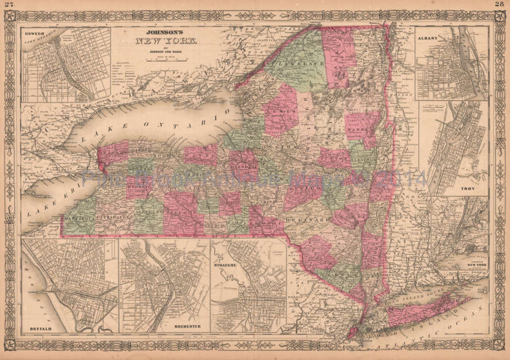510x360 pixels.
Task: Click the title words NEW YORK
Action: tap(166, 41)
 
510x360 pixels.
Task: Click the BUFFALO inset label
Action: tap(40, 329)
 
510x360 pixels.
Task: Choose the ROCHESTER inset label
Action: tap(188, 326)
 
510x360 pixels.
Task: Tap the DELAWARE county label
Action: tap(307, 220)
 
